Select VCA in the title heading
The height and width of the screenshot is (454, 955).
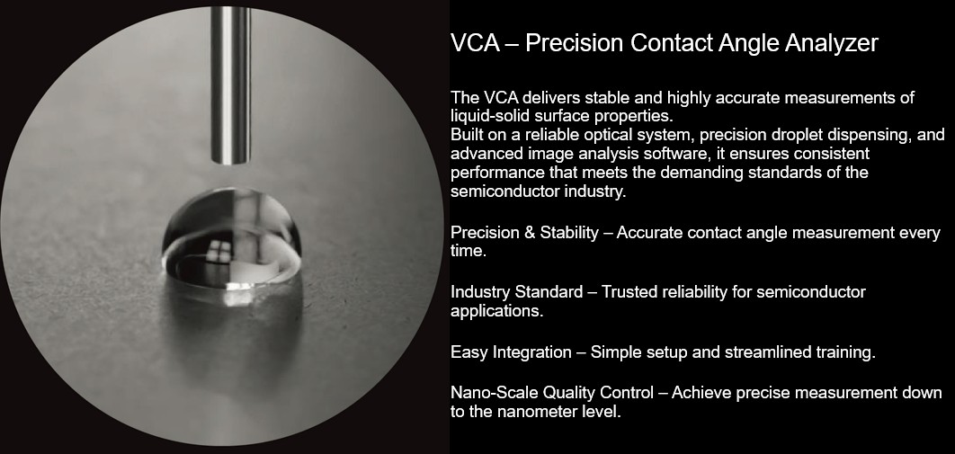[472, 43]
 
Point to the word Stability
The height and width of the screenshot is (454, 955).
[567, 233]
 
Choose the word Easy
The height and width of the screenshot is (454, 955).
[469, 352]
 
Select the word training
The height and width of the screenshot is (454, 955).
[843, 352]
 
